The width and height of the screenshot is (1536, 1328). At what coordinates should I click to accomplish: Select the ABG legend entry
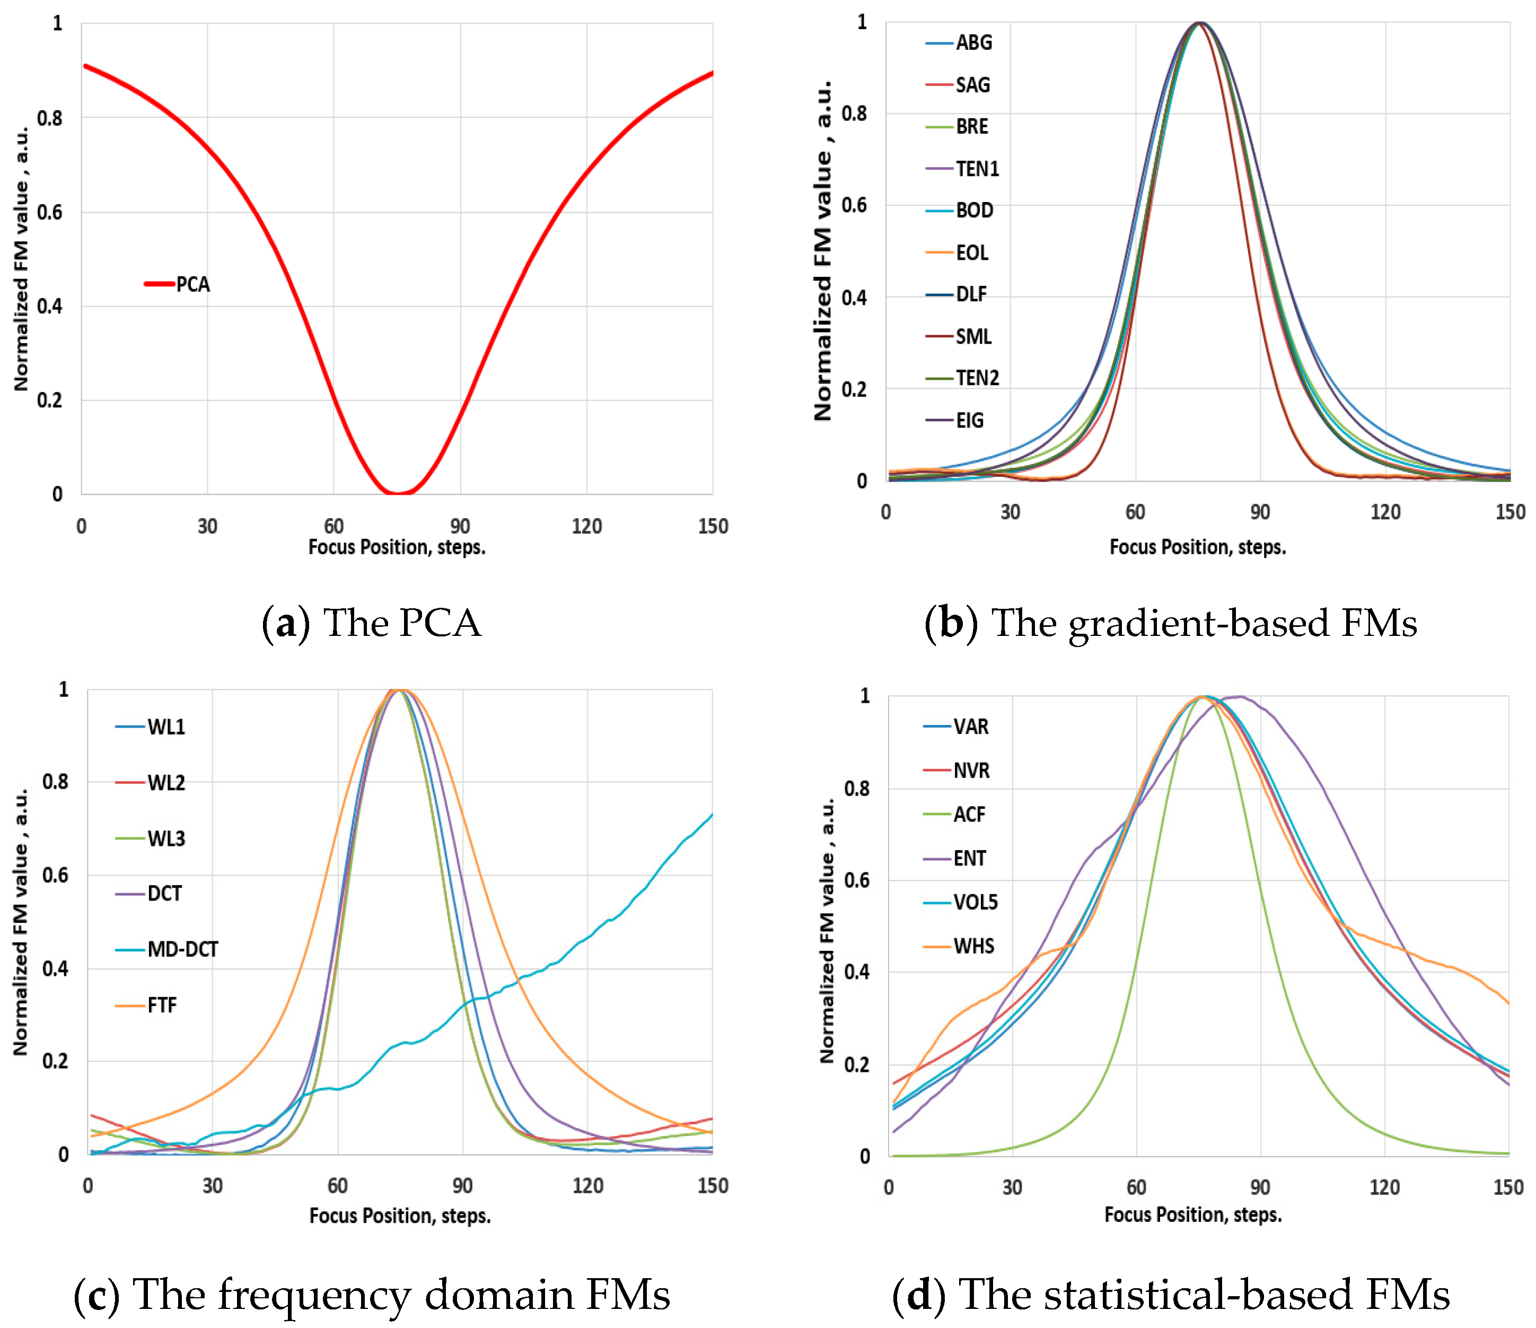972,43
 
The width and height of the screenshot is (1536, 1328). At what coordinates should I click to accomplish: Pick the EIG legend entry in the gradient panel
969,421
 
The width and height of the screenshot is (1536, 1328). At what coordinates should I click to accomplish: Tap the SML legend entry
972,337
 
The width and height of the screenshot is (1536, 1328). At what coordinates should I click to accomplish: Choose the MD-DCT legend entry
182,949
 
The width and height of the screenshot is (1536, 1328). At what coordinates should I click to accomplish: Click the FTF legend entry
162,1006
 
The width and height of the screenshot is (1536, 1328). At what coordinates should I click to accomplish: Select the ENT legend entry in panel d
969,859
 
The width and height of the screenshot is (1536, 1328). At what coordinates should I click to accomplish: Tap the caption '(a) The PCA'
371,623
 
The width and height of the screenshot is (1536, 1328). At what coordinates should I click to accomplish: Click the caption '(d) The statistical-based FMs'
1171,1295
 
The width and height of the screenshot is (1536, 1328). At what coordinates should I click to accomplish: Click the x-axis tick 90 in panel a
460,527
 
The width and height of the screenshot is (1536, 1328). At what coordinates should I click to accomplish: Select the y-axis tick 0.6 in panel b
854,205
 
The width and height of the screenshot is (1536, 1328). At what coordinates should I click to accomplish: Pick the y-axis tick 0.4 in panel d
856,972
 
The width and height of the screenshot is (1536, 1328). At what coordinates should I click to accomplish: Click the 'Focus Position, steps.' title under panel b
1197,547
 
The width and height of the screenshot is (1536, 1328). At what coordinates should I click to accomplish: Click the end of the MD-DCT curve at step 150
712,815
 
